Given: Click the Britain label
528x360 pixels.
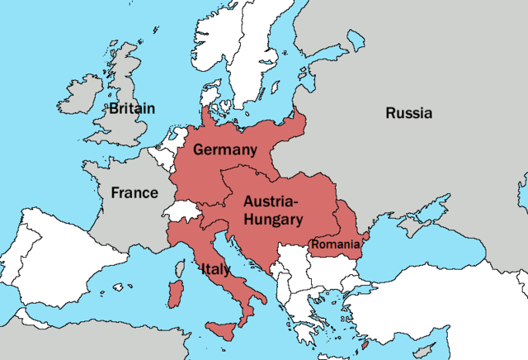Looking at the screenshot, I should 132,108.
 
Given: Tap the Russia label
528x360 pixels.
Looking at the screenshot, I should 408,114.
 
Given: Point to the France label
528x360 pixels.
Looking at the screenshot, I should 134,192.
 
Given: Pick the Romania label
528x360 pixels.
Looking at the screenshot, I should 335,244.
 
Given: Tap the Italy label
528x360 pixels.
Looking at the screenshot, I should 215,269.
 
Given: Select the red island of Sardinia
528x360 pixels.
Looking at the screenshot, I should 174,294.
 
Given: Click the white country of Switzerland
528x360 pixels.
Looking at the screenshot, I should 183,211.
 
